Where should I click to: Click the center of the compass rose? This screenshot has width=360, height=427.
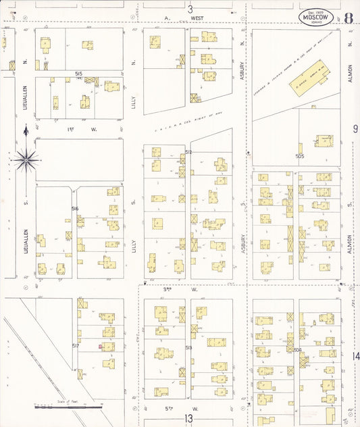pyautogui.click(x=26, y=160)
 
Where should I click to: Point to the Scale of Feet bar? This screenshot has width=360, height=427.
pyautogui.click(x=68, y=407)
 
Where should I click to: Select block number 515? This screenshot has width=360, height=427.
pyautogui.click(x=78, y=73)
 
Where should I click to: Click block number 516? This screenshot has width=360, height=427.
pyautogui.click(x=76, y=209)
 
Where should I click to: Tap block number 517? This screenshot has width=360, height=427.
pyautogui.click(x=76, y=345)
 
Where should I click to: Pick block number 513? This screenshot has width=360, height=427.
pyautogui.click(x=188, y=348)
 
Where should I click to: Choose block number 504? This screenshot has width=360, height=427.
pyautogui.click(x=297, y=349)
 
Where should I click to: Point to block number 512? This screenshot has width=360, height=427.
pyautogui.click(x=188, y=153)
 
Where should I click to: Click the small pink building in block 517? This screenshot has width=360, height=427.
pyautogui.click(x=101, y=347)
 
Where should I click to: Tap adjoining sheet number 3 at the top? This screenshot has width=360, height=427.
pyautogui.click(x=190, y=9)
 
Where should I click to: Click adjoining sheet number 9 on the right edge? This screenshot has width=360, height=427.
pyautogui.click(x=355, y=128)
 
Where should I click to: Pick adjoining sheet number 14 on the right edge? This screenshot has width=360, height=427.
pyautogui.click(x=355, y=356)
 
